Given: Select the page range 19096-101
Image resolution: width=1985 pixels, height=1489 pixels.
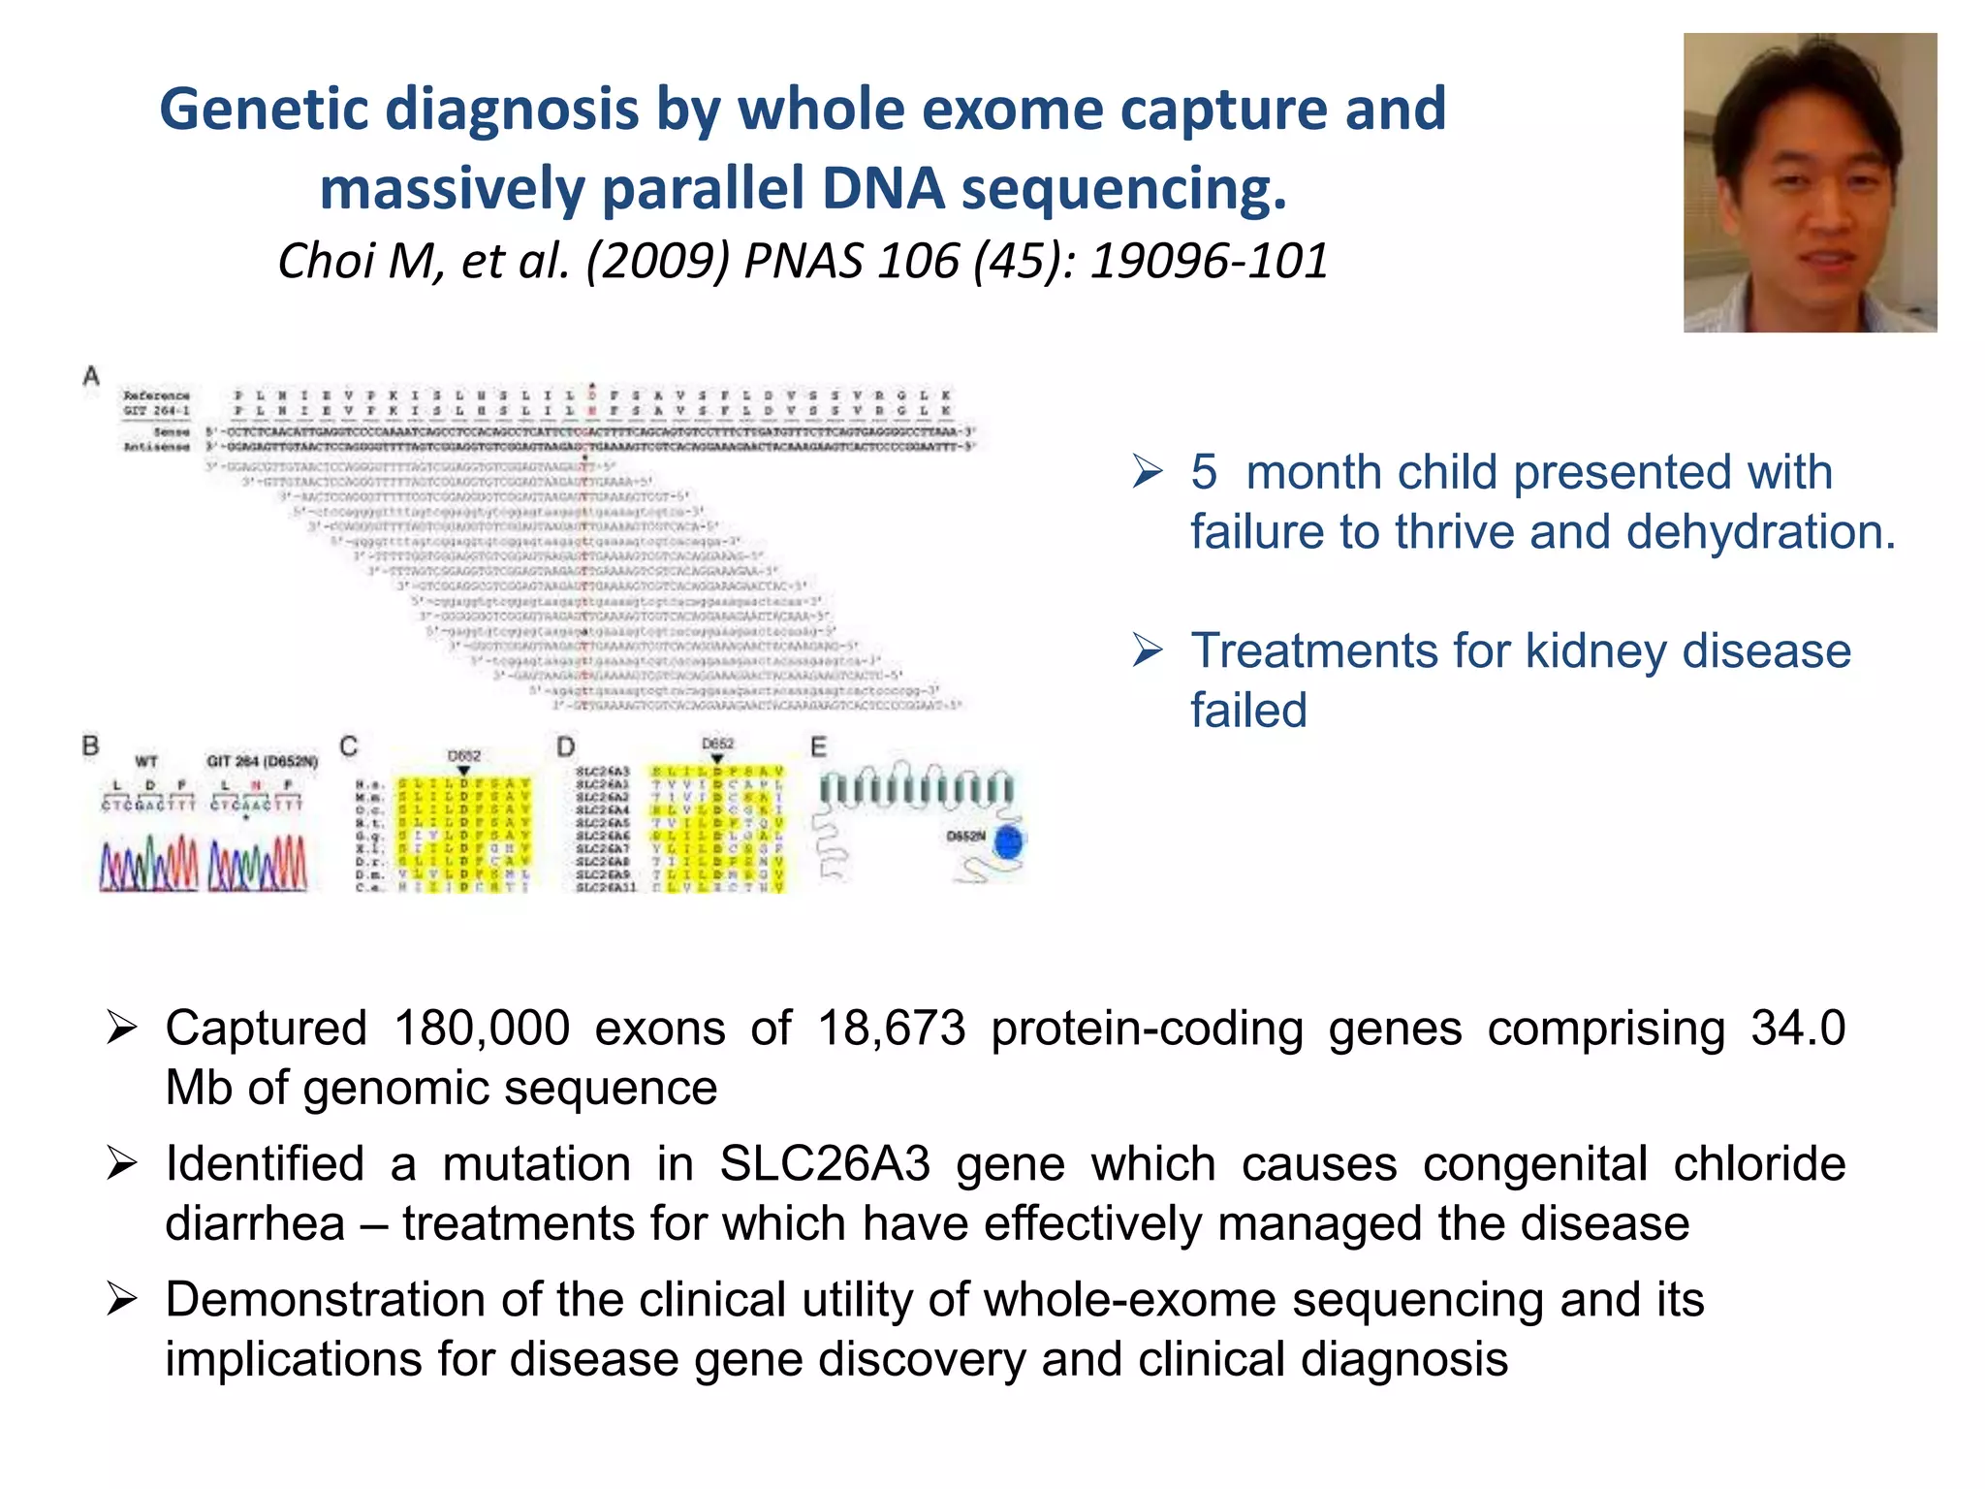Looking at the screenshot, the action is [x=1209, y=261].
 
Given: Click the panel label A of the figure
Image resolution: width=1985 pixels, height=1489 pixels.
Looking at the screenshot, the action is [x=91, y=376].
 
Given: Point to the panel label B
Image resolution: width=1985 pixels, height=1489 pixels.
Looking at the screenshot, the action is [x=91, y=745].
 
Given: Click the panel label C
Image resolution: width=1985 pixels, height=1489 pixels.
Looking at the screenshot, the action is [x=349, y=745].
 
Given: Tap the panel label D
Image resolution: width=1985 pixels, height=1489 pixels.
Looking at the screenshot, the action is [x=566, y=745].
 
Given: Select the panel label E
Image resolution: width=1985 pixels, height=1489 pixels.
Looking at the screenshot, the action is [x=819, y=746].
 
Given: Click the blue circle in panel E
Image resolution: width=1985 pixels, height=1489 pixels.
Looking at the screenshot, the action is [x=1009, y=841].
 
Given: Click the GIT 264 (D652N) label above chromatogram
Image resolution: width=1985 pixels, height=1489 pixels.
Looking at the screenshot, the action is [x=262, y=761].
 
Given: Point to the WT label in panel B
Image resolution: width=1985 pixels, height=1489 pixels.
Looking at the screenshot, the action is [x=146, y=761].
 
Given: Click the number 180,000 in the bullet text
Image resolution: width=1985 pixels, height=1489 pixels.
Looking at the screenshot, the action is [x=482, y=1028].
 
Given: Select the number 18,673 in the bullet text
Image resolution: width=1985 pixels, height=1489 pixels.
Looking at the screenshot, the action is [x=892, y=1028].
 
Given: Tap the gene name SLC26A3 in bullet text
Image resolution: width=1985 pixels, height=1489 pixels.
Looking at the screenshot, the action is [x=825, y=1163].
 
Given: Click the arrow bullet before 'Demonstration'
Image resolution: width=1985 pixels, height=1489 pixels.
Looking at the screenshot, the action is [x=122, y=1299].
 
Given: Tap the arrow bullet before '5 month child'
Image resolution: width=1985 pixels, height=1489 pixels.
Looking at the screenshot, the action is [x=1148, y=472].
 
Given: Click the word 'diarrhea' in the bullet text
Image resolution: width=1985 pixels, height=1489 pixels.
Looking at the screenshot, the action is [x=255, y=1223].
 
